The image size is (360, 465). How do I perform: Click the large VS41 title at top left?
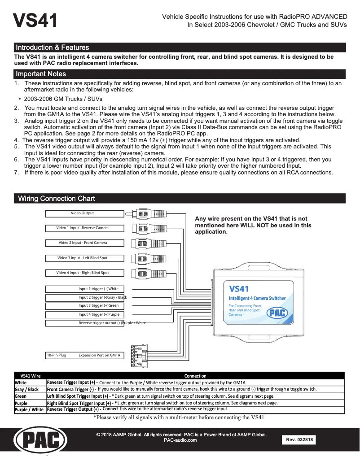(35, 21)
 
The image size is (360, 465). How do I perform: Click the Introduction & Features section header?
(52, 47)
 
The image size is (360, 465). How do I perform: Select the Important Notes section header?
(41, 74)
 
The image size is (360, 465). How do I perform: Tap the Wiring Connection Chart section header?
(56, 199)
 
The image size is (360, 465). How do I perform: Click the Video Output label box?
(83, 213)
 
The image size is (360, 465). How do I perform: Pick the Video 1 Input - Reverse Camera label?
(83, 228)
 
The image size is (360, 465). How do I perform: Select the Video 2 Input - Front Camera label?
(83, 243)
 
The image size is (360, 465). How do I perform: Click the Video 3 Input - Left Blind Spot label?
(83, 258)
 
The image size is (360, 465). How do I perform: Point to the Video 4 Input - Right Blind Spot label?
(83, 273)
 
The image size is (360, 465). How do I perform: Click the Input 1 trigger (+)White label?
(98, 289)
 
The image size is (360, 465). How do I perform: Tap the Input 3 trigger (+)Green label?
(98, 306)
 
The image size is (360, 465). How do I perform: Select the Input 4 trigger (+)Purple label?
(98, 315)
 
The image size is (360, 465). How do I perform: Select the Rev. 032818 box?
(299, 440)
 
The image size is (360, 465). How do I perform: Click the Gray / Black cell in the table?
(27, 390)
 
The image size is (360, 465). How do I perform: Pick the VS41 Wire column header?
(31, 376)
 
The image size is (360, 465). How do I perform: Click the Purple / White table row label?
(29, 409)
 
